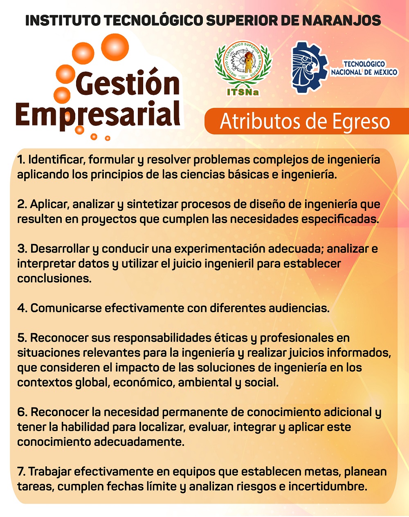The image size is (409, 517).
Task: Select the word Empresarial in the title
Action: pyautogui.click(x=98, y=114)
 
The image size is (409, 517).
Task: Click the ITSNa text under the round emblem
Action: pyautogui.click(x=243, y=92)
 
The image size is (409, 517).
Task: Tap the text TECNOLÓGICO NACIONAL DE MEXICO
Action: pyautogui.click(x=364, y=68)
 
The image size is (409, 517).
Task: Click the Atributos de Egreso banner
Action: pyautogui.click(x=305, y=121)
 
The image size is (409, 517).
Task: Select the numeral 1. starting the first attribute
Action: pyautogui.click(x=21, y=159)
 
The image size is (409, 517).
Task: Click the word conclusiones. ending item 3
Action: pyautogui.click(x=54, y=278)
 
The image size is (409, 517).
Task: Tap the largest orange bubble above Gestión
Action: pyautogui.click(x=115, y=47)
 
